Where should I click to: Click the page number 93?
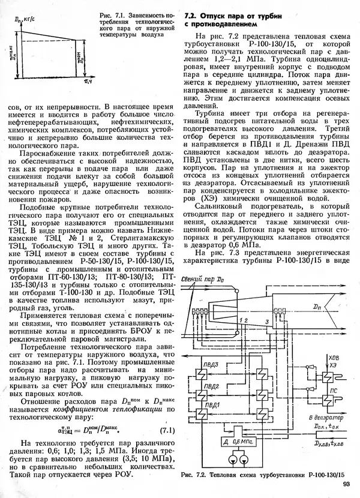(x=346, y=485)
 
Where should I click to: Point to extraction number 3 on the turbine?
(x=266, y=323)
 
